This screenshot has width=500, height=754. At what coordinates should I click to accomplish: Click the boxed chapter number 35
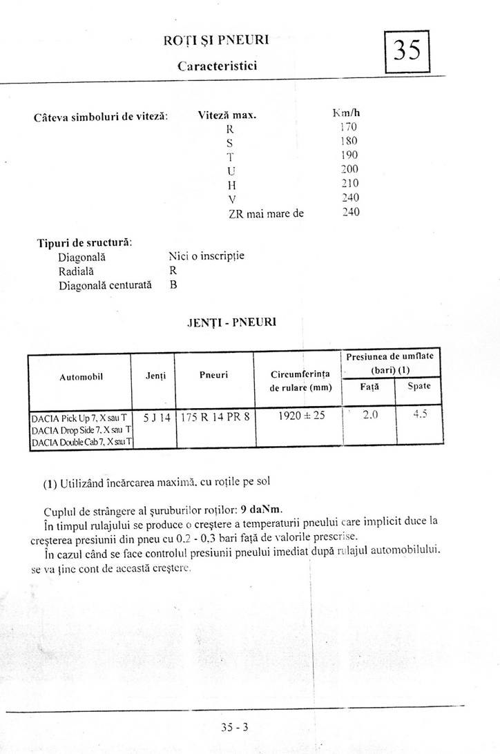click(x=407, y=51)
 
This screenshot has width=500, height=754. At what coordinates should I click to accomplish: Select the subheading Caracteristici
click(x=218, y=66)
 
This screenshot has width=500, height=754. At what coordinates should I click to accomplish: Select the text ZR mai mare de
click(x=266, y=213)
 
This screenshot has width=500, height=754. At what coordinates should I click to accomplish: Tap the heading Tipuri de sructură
click(x=85, y=242)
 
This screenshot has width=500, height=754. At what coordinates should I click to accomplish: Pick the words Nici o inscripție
click(x=206, y=255)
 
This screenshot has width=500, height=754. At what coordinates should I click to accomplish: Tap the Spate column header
click(x=419, y=386)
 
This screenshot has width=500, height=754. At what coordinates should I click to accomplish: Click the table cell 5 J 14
click(x=156, y=417)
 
